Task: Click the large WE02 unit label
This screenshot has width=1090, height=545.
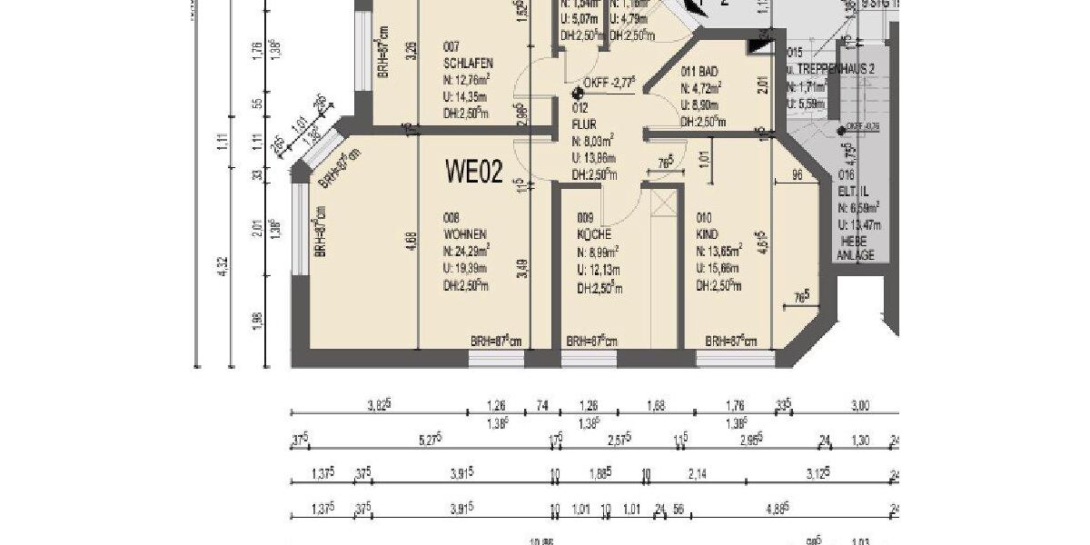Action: coord(473,170)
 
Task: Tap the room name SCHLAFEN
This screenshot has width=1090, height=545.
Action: coord(468,64)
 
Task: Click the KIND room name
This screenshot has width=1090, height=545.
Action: coord(707,234)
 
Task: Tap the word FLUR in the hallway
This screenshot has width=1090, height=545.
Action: coord(585,124)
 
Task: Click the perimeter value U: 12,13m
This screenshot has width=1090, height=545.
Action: coord(599,271)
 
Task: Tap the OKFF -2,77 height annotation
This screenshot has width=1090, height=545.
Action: coord(611,82)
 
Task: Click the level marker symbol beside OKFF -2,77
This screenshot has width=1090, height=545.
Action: coord(578,93)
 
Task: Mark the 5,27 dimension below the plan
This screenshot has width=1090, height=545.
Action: coord(429,441)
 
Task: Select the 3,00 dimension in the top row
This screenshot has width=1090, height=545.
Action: coord(859,406)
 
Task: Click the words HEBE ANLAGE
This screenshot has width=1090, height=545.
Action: coord(855,248)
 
